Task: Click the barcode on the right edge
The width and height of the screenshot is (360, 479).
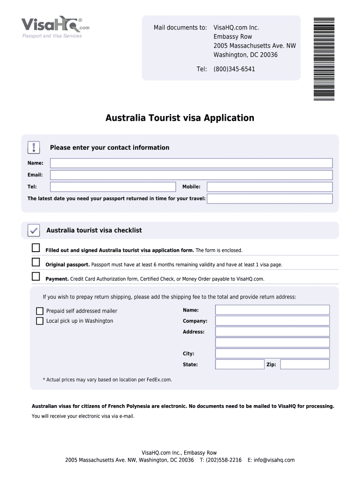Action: (x=324, y=59)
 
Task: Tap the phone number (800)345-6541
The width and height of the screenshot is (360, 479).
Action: (x=234, y=69)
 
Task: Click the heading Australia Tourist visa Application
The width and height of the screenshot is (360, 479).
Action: (x=180, y=118)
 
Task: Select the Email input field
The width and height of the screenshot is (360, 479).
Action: (x=191, y=175)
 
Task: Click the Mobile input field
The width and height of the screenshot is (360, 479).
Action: (x=270, y=187)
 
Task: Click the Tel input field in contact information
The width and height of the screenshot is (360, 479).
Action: (x=113, y=187)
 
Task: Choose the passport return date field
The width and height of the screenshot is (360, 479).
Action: (x=270, y=199)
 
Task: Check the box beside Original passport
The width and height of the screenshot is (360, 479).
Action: (x=36, y=262)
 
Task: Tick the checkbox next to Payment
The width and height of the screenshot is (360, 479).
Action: (x=36, y=276)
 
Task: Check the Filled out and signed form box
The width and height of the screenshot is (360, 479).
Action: (x=36, y=247)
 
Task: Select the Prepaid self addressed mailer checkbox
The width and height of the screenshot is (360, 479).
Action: (x=40, y=311)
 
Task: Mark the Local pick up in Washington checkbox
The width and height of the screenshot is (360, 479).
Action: (x=40, y=321)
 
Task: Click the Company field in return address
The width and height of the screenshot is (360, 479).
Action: (x=272, y=321)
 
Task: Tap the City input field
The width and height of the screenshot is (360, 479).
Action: (x=272, y=354)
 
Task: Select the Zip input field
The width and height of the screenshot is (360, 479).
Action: (x=305, y=364)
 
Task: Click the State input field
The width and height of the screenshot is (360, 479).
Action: (x=239, y=364)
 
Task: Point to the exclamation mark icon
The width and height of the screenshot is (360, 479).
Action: (x=34, y=147)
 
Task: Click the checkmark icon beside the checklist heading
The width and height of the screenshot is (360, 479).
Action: (x=34, y=230)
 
